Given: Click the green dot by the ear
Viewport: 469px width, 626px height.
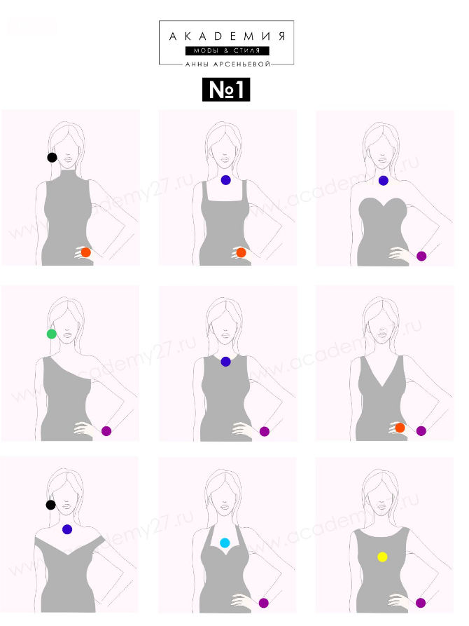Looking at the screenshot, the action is tap(51, 334).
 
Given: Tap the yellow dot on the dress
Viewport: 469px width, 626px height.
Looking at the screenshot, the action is tap(382, 557).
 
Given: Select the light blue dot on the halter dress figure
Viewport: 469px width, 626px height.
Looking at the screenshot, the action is tap(225, 543).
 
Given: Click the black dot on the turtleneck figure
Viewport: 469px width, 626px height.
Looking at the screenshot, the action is tap(52, 157).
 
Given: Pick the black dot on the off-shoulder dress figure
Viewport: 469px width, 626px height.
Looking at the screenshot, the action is tap(50, 505).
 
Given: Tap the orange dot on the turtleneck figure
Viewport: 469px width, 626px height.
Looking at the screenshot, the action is tap(85, 252).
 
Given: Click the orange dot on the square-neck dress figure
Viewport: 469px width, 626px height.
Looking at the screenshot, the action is tap(241, 252).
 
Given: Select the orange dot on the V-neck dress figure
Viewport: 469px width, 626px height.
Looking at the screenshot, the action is tap(400, 428).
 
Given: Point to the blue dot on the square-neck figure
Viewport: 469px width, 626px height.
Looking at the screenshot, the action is tap(225, 180).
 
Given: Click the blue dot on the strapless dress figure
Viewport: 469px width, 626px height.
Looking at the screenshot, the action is tap(384, 180).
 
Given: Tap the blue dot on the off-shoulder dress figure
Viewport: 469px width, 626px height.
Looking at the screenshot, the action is tap(67, 529).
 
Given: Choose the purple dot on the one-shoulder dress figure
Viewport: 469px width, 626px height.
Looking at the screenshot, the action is tap(106, 431).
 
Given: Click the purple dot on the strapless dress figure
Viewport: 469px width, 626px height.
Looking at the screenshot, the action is tap(421, 256).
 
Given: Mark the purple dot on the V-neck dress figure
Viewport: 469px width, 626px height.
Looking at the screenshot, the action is tap(421, 431).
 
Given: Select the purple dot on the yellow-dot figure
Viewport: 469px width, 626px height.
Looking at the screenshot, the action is tap(420, 603).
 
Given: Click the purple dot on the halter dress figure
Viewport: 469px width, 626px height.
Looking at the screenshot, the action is tap(264, 603).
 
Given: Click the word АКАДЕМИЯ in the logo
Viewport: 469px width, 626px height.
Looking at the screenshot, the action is tap(227, 36).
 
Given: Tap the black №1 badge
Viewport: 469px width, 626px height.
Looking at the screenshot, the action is tap(226, 90).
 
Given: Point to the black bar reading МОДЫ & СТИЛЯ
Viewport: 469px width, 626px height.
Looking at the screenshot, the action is tap(227, 50).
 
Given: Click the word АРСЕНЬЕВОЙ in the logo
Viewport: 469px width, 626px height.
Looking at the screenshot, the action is tap(242, 64).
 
